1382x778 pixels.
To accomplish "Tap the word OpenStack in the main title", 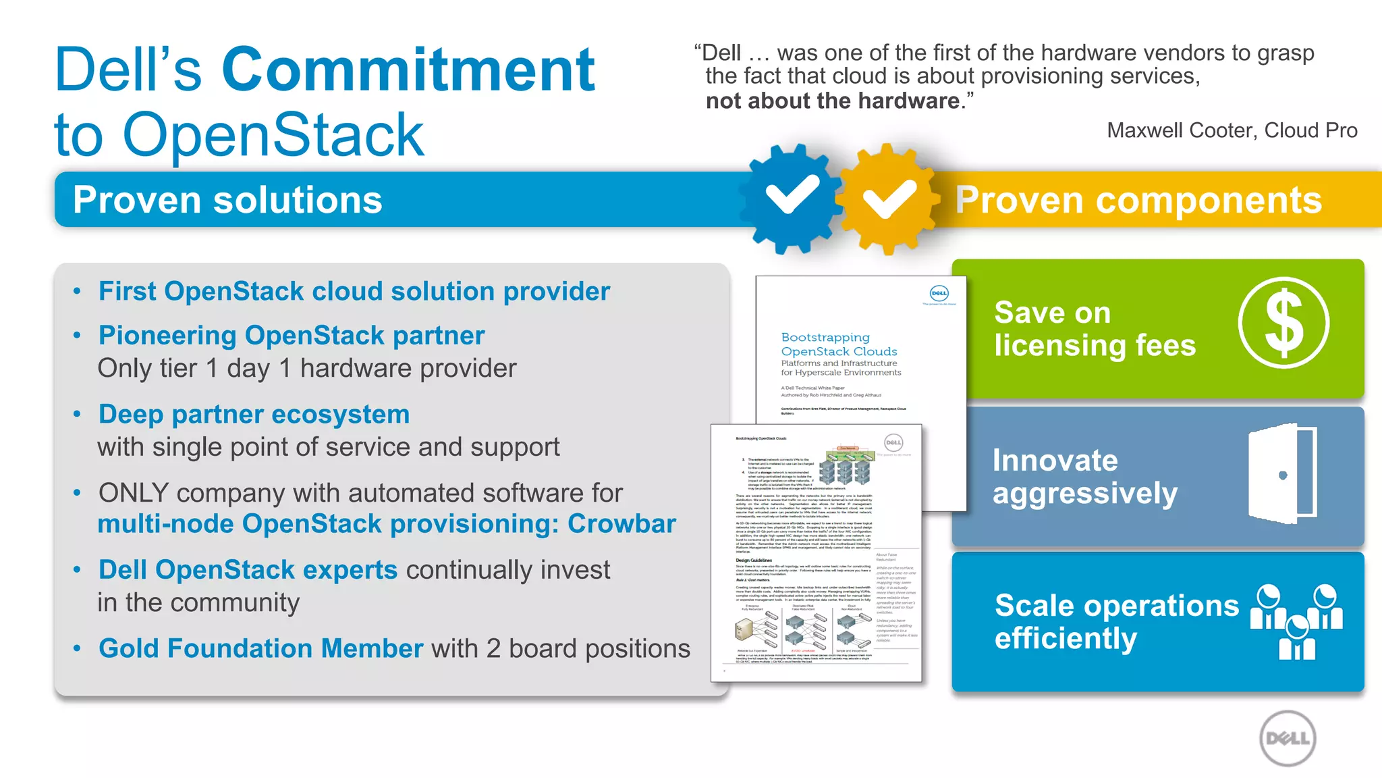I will click(x=273, y=135).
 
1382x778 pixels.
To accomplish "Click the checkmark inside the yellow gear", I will click(x=889, y=199).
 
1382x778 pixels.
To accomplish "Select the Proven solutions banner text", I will click(x=227, y=201).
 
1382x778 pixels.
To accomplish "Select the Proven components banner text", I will click(x=1138, y=201).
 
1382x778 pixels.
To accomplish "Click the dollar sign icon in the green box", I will click(x=1283, y=323).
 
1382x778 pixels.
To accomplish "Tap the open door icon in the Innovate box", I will click(x=1282, y=475).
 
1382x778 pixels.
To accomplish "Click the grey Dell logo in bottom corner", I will click(x=1288, y=738).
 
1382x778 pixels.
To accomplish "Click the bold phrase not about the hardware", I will click(x=832, y=101).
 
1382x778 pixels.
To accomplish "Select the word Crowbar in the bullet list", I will click(x=621, y=524).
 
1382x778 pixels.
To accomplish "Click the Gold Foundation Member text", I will click(x=260, y=648).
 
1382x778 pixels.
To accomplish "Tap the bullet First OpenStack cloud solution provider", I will click(x=354, y=292).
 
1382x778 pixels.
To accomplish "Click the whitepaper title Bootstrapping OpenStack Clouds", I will click(x=838, y=344).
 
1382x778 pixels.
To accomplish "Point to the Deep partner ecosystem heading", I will click(x=254, y=415).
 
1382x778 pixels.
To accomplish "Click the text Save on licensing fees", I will click(x=1094, y=329).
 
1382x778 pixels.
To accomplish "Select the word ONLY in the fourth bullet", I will click(x=133, y=493).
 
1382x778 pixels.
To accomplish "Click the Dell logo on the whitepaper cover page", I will click(x=939, y=293).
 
